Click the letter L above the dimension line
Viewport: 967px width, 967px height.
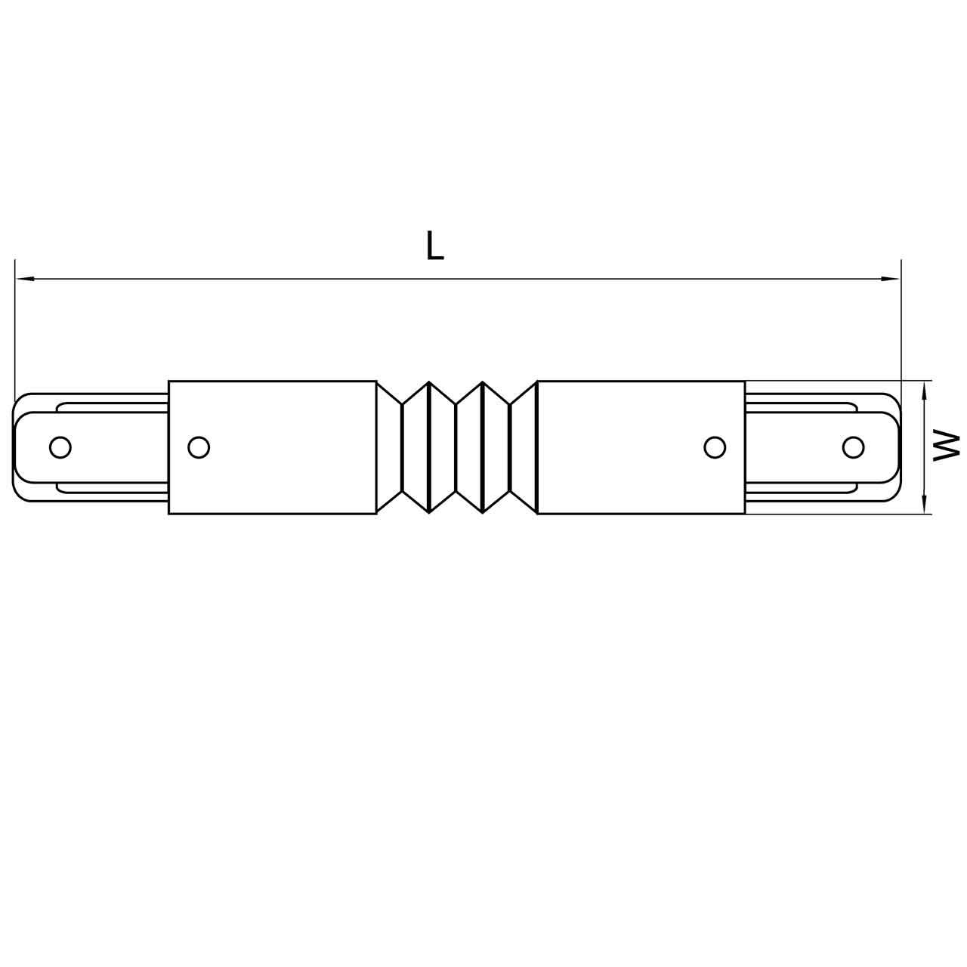[434, 246]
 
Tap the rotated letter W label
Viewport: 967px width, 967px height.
[945, 446]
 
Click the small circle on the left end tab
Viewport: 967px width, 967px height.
[60, 447]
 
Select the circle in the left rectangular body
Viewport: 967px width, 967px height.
[198, 447]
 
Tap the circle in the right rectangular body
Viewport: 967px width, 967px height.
[714, 447]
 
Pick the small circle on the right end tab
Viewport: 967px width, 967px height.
[853, 447]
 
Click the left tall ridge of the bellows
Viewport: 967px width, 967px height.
[429, 447]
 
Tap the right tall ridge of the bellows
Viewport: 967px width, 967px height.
[483, 447]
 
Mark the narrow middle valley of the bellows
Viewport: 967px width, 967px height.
[456, 447]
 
